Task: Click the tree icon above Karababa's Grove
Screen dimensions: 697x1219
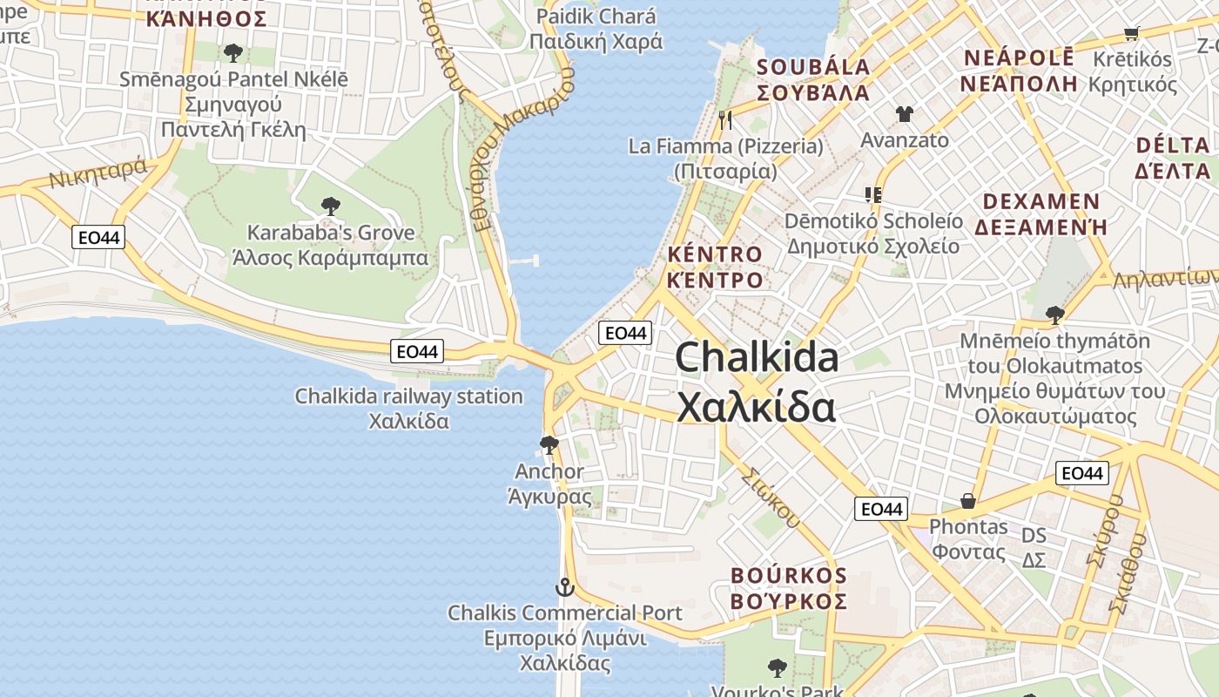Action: [x=330, y=206]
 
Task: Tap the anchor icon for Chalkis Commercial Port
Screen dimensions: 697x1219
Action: [x=565, y=587]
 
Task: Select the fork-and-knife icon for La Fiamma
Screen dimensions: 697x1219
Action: [x=725, y=119]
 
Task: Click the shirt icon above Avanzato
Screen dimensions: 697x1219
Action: [x=904, y=114]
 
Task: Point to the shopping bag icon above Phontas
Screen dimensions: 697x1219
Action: [x=967, y=501]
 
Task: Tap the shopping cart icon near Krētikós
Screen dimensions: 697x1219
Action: [x=1131, y=33]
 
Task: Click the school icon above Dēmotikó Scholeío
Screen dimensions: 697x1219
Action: [x=873, y=195]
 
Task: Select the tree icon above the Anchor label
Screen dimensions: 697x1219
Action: [x=549, y=445]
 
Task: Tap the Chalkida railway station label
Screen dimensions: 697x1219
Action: [x=409, y=396]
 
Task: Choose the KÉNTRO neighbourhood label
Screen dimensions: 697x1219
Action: [x=715, y=254]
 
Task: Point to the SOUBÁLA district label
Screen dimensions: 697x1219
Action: [x=813, y=67]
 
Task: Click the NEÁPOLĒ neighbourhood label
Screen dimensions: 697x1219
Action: [x=1019, y=58]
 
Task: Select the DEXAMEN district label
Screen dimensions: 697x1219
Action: [x=1041, y=202]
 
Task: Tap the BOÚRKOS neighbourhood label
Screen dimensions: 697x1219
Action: [x=789, y=576]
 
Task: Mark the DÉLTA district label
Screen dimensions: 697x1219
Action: [x=1173, y=145]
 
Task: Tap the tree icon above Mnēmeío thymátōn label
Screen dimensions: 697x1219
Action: [x=1054, y=315]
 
